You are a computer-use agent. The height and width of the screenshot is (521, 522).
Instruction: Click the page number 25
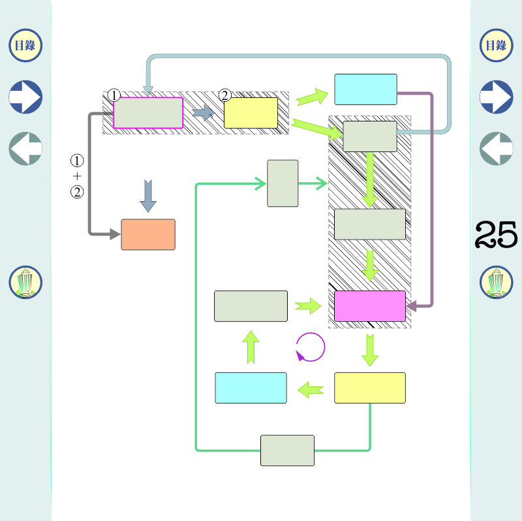pos(497,234)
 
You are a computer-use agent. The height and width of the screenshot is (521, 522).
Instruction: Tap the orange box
pos(148,234)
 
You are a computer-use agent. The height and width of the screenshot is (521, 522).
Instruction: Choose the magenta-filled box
pos(370,306)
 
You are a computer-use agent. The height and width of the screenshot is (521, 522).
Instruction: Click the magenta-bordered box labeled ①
pos(148,113)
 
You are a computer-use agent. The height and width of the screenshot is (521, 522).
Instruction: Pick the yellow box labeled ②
pos(251,113)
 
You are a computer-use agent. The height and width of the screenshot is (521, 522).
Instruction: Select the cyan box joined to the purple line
pos(365,89)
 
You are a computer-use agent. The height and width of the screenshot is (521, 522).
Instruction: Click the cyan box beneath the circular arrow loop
pos(251,388)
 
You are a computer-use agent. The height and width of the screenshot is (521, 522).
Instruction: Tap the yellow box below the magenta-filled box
pos(370,388)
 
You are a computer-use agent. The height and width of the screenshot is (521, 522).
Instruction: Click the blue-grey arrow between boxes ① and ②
pos(204,113)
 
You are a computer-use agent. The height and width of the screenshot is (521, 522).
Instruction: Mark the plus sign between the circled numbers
pos(77,176)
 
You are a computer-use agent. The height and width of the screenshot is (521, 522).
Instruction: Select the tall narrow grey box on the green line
pos(283,183)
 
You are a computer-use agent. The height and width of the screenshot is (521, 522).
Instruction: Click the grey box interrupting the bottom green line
pos(287,450)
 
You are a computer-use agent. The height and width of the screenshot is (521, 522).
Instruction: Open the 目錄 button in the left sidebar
pos(25,45)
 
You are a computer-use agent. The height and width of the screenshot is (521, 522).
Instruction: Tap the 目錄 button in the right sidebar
pos(497,45)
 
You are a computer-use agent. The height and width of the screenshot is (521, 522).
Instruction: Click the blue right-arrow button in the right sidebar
pos(497,97)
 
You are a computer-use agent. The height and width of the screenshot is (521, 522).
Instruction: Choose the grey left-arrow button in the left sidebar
pos(25,148)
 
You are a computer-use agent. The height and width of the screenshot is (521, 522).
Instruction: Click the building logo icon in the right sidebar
pos(497,283)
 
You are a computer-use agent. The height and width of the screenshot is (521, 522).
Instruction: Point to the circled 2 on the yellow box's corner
pos(225,95)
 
